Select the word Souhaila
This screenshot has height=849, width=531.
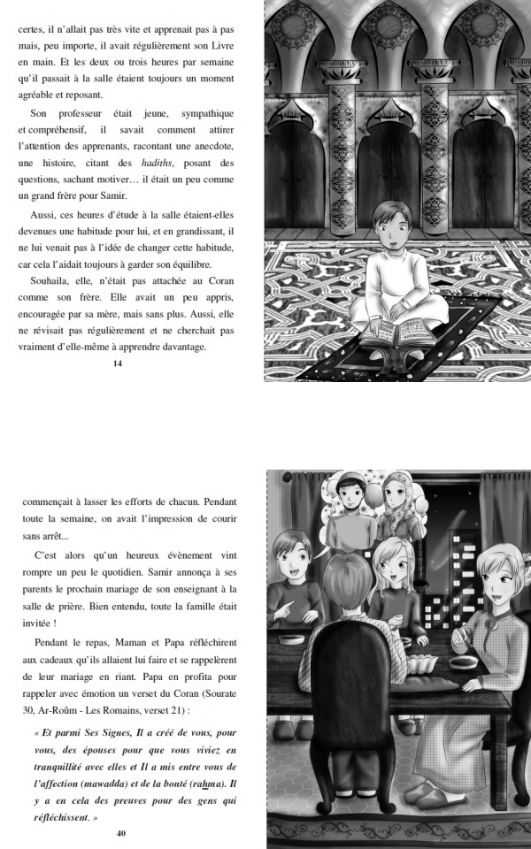[50, 280]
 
